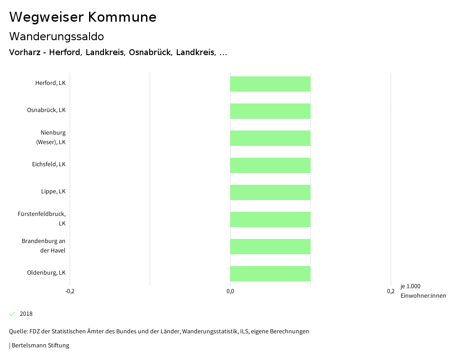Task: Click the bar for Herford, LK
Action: (x=270, y=84)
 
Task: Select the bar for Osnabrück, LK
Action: (x=270, y=111)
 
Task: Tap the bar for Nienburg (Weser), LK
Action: (x=270, y=138)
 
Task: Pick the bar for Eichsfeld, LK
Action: (x=270, y=165)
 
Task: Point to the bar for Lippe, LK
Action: (x=270, y=192)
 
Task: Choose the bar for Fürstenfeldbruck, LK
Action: (x=270, y=220)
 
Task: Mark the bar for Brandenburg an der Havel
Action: (x=270, y=247)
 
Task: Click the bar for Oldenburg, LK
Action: (x=270, y=274)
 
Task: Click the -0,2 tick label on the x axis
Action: (x=70, y=291)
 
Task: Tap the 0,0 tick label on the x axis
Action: (x=230, y=291)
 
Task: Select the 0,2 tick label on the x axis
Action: (x=391, y=291)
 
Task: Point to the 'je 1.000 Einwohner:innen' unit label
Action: (x=423, y=291)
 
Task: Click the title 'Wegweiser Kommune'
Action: (x=83, y=17)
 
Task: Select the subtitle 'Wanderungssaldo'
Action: (x=57, y=36)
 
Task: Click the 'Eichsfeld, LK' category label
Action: (x=49, y=164)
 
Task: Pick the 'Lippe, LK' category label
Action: (x=53, y=192)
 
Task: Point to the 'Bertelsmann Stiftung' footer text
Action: (x=40, y=346)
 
